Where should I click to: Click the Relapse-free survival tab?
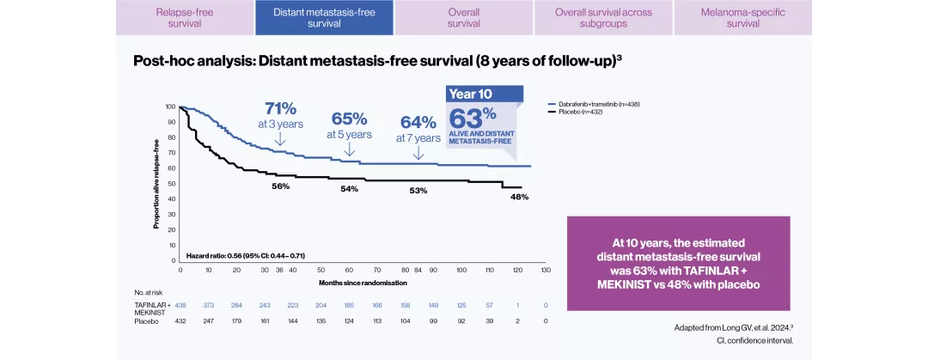pyautogui.click(x=185, y=18)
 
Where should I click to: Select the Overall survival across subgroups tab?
pyautogui.click(x=603, y=18)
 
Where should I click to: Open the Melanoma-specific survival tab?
pyautogui.click(x=742, y=18)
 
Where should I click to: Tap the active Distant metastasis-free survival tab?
pyautogui.click(x=324, y=18)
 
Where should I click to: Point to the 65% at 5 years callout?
pyautogui.click(x=349, y=125)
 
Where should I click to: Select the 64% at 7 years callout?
pyautogui.click(x=418, y=128)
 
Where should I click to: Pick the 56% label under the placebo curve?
pyautogui.click(x=280, y=186)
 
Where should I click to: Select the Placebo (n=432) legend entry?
pyautogui.click(x=584, y=112)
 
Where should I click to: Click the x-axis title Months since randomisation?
pyautogui.click(x=362, y=282)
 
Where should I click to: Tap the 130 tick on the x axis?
pyautogui.click(x=546, y=270)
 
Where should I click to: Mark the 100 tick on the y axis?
pyautogui.click(x=170, y=107)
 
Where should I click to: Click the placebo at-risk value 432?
pyautogui.click(x=180, y=320)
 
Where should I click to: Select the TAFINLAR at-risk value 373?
pyautogui.click(x=209, y=305)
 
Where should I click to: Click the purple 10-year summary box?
pyautogui.click(x=678, y=263)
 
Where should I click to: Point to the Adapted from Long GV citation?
pyautogui.click(x=734, y=327)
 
